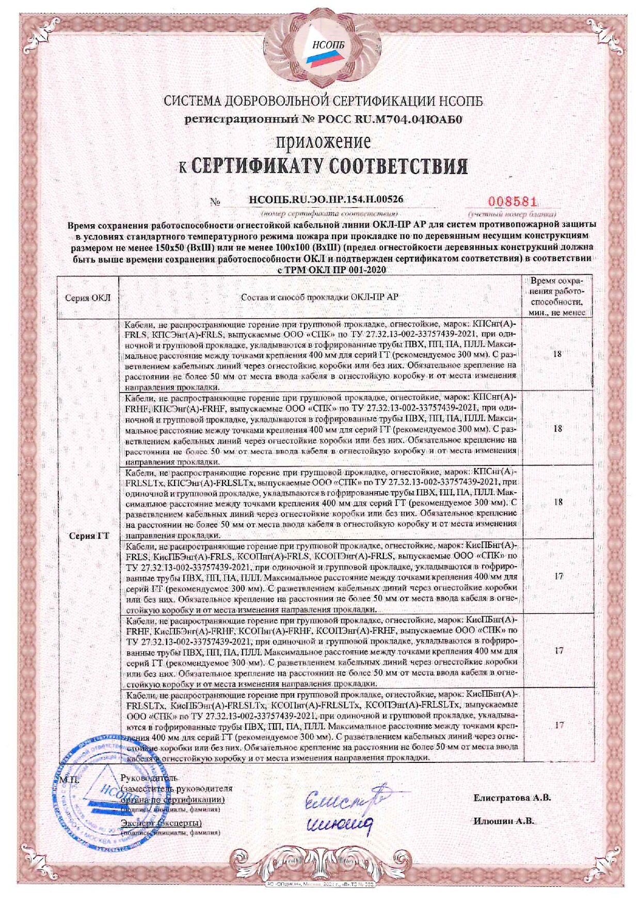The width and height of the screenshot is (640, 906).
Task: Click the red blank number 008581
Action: (x=509, y=202)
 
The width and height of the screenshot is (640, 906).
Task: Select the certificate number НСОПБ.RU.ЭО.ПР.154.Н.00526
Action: (x=326, y=199)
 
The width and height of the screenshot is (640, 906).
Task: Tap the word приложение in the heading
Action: (x=323, y=140)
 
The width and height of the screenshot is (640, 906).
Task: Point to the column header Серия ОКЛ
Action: (x=88, y=298)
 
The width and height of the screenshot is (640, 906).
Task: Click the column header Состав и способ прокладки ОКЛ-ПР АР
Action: (x=320, y=297)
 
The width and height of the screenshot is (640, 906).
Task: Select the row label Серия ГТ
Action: (x=89, y=536)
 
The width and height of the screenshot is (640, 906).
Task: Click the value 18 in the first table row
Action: (x=557, y=354)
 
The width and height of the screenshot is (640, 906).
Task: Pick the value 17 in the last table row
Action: (x=559, y=725)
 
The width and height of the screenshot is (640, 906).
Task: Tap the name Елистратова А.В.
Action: (x=512, y=798)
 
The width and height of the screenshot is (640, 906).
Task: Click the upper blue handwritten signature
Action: (x=346, y=799)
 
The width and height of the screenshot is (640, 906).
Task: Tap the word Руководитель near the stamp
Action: (x=149, y=778)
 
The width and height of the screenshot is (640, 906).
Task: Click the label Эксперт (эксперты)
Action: (x=161, y=823)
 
